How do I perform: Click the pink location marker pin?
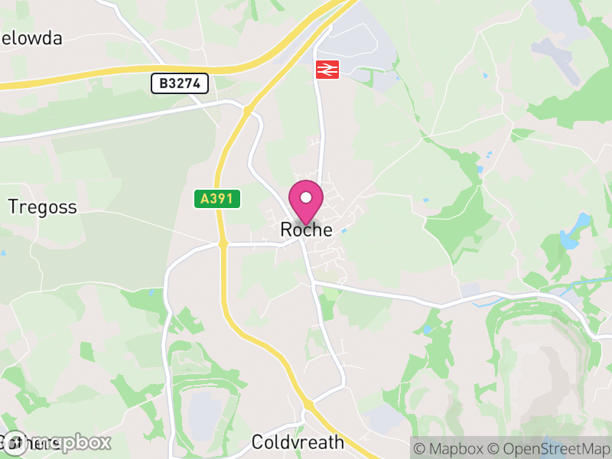306,203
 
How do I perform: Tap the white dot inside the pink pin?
306,198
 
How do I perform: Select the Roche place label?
307,229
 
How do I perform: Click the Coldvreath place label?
298,443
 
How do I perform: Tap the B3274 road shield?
180,83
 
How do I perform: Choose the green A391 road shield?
217,199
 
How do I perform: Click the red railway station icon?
327,70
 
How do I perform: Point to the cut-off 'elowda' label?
32,38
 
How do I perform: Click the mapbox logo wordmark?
73,442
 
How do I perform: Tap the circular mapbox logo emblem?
15,443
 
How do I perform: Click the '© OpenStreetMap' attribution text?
549,448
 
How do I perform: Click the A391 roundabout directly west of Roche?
223,245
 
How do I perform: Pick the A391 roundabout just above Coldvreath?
307,404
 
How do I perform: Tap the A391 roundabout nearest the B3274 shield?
247,112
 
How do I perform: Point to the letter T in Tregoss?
13,207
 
